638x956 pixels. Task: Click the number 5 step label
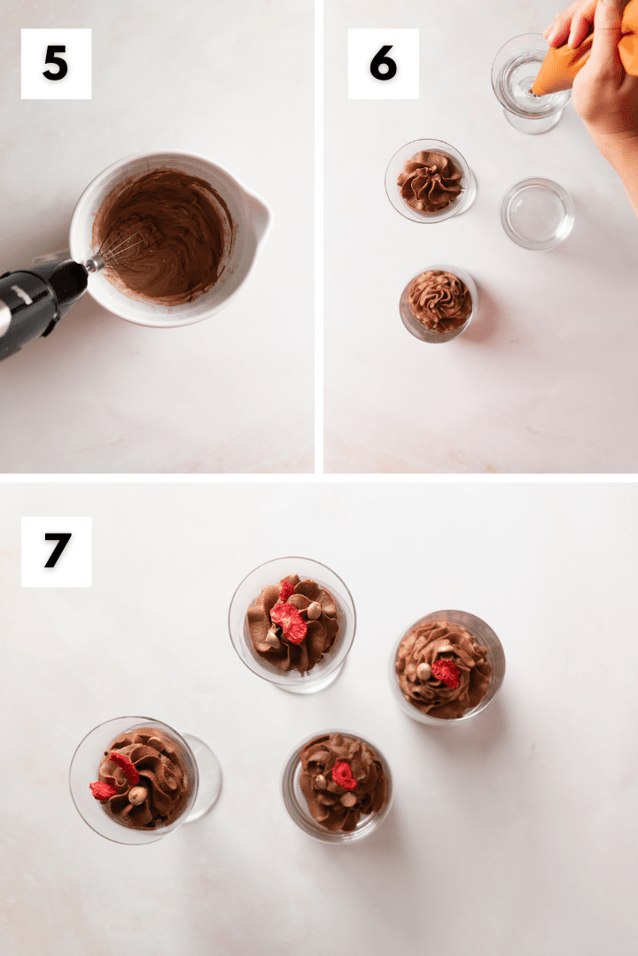(x=56, y=64)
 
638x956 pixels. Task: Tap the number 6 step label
(x=383, y=64)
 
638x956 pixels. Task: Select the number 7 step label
(x=56, y=551)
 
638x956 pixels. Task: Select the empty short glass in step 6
(x=537, y=213)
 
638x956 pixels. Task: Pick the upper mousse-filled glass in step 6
(x=430, y=181)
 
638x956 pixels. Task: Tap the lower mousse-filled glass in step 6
(x=440, y=302)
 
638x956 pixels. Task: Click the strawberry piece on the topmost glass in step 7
(x=289, y=621)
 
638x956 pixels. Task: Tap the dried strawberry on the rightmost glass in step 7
(x=447, y=673)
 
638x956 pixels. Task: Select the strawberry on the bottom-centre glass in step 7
(x=344, y=775)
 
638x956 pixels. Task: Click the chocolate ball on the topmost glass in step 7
(x=314, y=609)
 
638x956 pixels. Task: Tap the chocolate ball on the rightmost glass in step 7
(x=424, y=672)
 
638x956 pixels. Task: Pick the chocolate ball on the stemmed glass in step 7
(x=136, y=795)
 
